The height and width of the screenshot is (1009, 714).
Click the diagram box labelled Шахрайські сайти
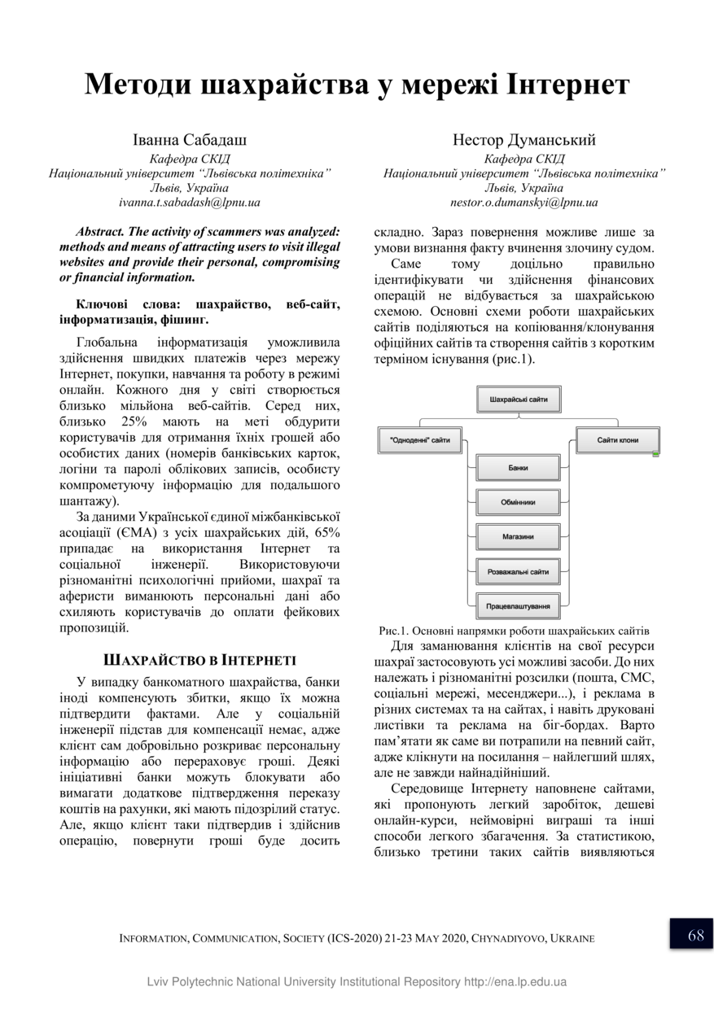[x=519, y=400]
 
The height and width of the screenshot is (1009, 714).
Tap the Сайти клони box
[x=617, y=440]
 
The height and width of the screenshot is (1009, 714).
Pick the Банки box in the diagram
[x=518, y=469]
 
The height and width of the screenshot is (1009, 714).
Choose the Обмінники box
[x=518, y=502]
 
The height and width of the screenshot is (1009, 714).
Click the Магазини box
[x=518, y=537]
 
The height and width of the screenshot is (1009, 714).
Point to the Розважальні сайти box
[x=518, y=572]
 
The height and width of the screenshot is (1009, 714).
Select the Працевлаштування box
[x=518, y=606]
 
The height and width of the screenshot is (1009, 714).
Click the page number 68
[x=695, y=935]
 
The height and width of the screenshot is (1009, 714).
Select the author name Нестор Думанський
[x=523, y=140]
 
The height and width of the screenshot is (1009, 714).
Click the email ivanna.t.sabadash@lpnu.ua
[x=189, y=203]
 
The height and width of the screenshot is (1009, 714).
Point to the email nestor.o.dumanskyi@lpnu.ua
[x=523, y=203]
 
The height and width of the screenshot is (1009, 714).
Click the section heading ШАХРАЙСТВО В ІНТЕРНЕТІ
[x=199, y=659]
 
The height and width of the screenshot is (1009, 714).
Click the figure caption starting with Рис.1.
[x=514, y=631]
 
